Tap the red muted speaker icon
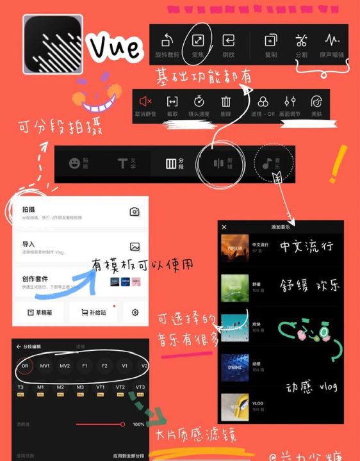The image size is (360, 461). pos(145,101)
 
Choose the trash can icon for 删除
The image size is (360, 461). pos(226,101)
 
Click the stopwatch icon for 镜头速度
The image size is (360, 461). pos(199,101)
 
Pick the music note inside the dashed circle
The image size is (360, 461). pos(268,163)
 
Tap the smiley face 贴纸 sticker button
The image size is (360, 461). pos(75,163)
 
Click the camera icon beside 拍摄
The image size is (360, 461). pos(135,211)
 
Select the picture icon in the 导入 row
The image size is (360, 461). pos(135,247)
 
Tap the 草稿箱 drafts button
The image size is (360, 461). pos(40,312)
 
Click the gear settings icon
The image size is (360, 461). pos(135,312)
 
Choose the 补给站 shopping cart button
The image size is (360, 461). pos(88,312)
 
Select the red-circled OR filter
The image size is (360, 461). pos(26,366)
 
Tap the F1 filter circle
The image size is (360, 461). pos(85,366)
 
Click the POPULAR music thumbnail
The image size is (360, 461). pos(234,248)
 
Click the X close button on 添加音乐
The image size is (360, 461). pos(224,227)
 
